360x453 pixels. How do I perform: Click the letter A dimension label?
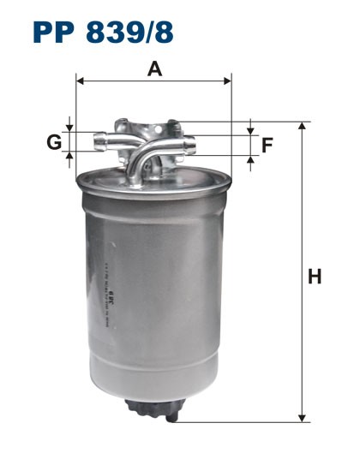click(154, 69)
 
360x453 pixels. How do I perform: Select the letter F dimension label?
click(267, 145)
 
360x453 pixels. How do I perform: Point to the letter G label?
click(54, 141)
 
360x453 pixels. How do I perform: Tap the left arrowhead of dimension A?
click(81, 81)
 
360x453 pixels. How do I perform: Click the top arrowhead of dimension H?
click(302, 127)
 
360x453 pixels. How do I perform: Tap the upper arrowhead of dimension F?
click(250, 130)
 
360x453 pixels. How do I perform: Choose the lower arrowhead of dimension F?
click(250, 159)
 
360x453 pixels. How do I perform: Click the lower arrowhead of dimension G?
click(71, 155)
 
